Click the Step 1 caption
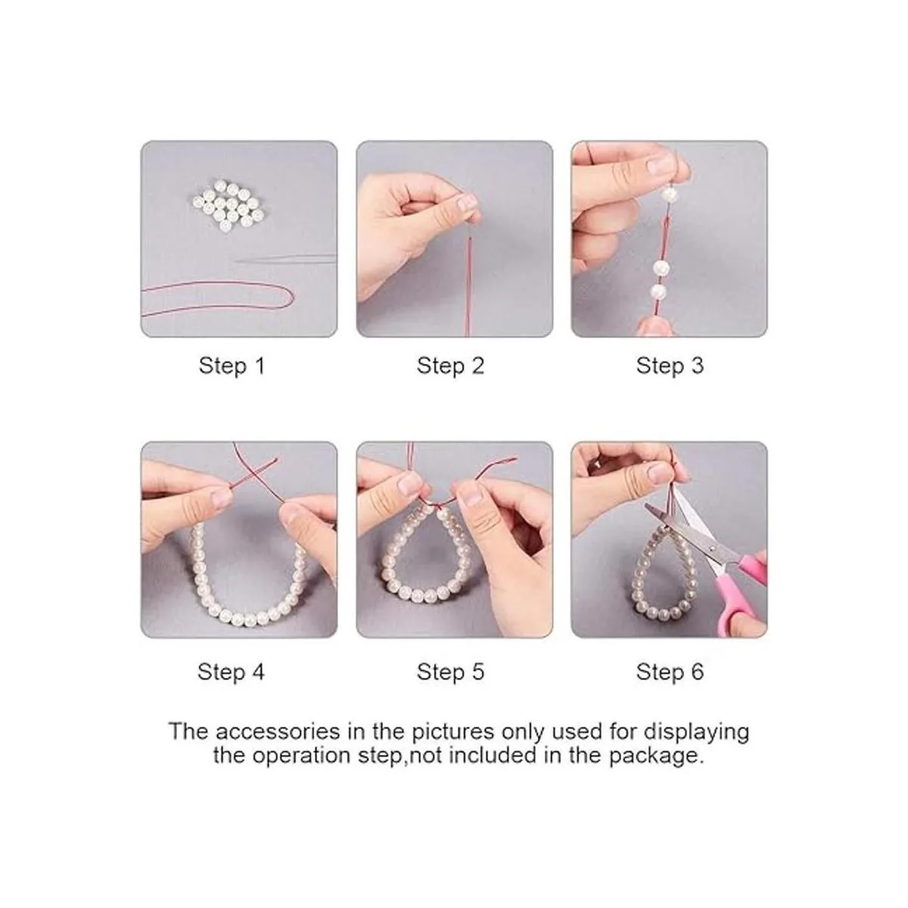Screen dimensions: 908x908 [232, 365]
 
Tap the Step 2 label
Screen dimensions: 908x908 [450, 365]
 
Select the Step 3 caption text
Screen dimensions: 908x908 [670, 365]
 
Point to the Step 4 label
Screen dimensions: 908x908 [231, 671]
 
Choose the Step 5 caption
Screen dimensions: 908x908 [450, 671]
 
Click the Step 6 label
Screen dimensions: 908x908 [670, 671]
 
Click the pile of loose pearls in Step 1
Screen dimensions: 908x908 [228, 206]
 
